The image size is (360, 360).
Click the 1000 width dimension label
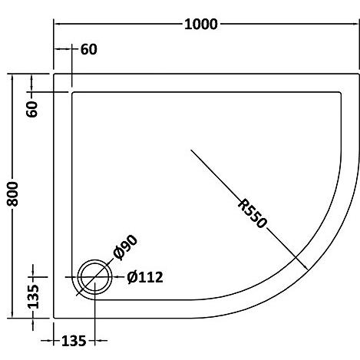[x=201, y=25]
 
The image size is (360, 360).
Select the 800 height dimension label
[x=13, y=194]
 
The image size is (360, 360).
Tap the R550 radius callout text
[x=253, y=214]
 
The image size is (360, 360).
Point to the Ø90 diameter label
[x=125, y=247]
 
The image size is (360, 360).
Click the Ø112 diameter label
[x=145, y=277]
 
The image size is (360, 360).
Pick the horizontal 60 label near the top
[x=89, y=49]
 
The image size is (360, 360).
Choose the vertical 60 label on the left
[x=32, y=109]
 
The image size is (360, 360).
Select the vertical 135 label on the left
[x=33, y=296]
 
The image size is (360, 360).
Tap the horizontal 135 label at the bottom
[x=74, y=341]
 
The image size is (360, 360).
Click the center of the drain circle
[x=94, y=277]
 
